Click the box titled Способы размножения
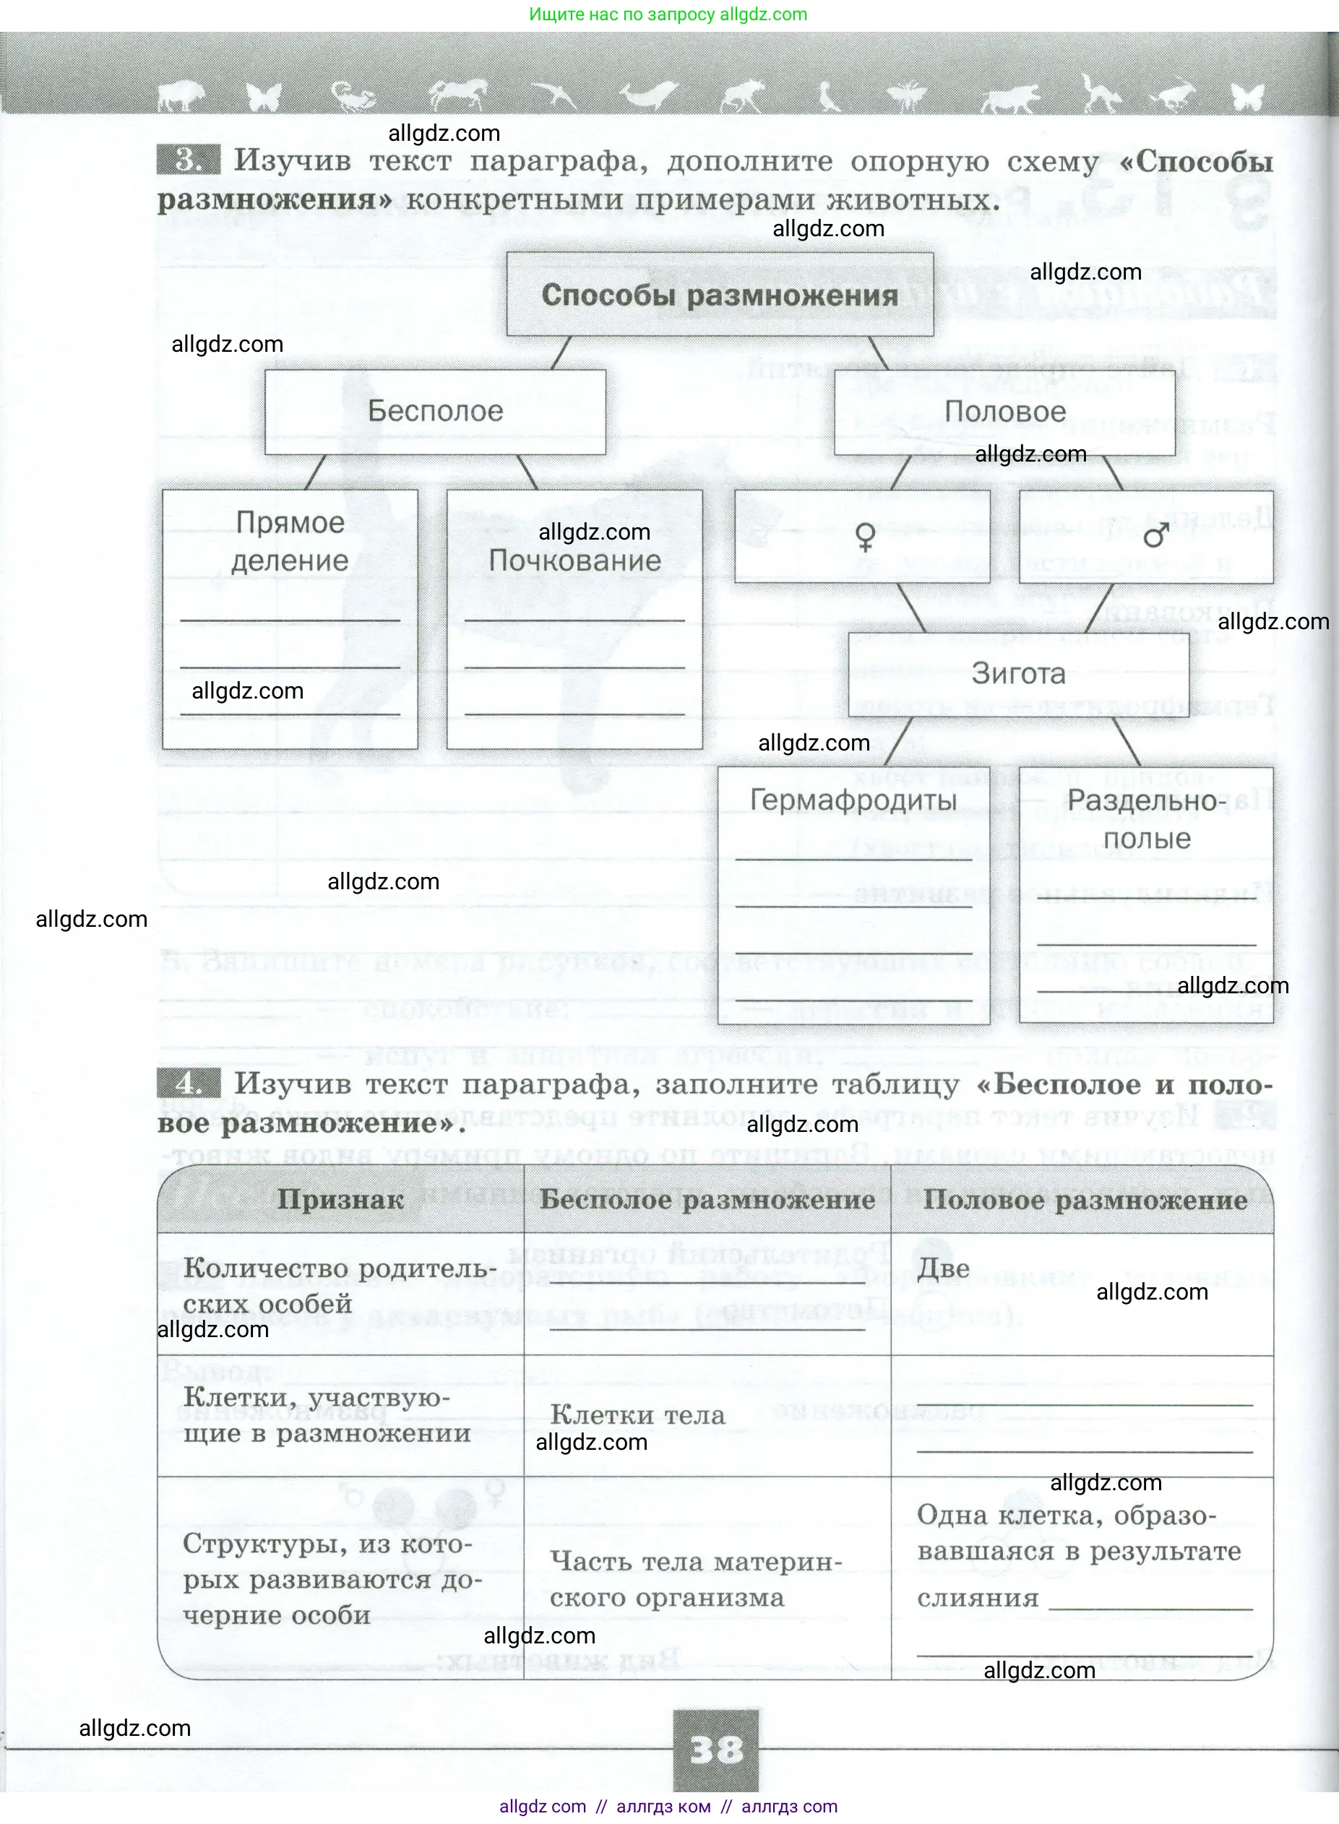pos(720,295)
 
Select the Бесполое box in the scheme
pos(435,412)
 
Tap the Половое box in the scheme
pos(1004,412)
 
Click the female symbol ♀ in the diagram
pos(865,537)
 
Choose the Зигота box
pos(1018,673)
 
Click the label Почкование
pos(574,561)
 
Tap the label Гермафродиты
pos(853,800)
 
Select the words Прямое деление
pos(289,541)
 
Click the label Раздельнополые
pos(1146,819)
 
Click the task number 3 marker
pos(188,160)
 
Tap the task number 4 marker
pos(188,1084)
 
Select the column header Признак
pos(340,1199)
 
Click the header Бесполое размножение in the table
pos(707,1199)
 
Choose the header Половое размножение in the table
pos(1085,1199)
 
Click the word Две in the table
pos(944,1268)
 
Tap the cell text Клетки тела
pos(637,1415)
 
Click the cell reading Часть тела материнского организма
pos(695,1578)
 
